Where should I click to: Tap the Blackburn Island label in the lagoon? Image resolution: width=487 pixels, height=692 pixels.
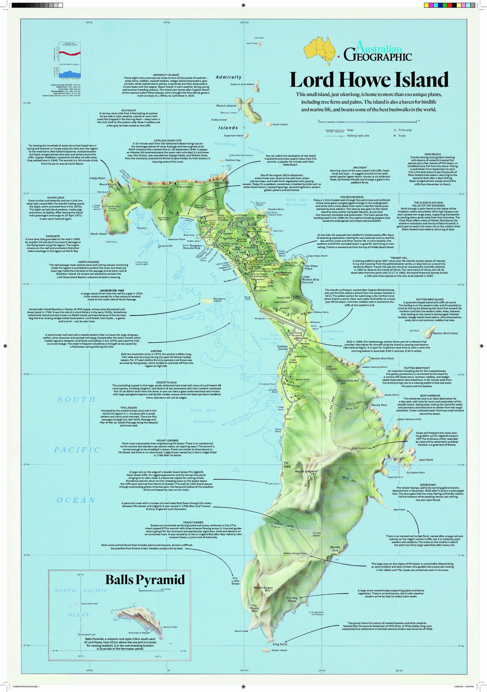pos(219,300)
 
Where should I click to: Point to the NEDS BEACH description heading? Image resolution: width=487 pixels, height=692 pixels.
pos(432,154)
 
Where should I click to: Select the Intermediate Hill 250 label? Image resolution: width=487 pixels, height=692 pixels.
pos(347,381)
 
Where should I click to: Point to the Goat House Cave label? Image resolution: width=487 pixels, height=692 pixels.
pos(362,448)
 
